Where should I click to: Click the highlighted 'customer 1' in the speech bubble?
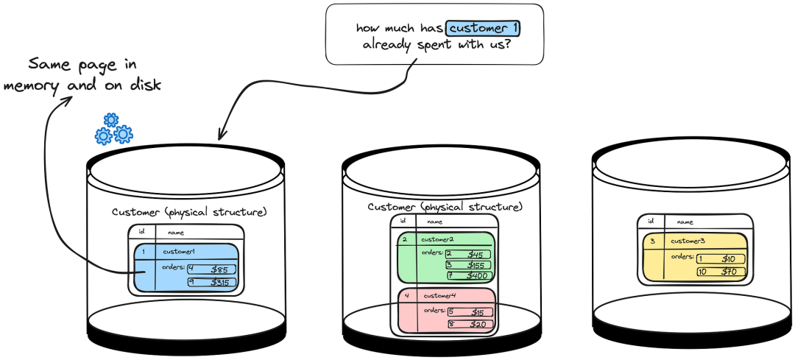(x=484, y=28)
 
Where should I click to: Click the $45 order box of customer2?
(x=467, y=255)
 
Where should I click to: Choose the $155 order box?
(x=467, y=265)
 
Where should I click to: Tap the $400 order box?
(x=467, y=276)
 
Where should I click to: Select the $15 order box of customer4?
(x=470, y=312)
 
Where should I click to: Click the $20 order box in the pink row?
(x=470, y=324)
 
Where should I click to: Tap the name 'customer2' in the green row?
(x=437, y=240)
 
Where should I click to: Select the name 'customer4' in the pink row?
(x=440, y=297)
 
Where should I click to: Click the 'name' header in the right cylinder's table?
(x=685, y=222)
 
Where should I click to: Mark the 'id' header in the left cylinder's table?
(x=141, y=233)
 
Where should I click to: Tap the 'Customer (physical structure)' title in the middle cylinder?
(x=445, y=207)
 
